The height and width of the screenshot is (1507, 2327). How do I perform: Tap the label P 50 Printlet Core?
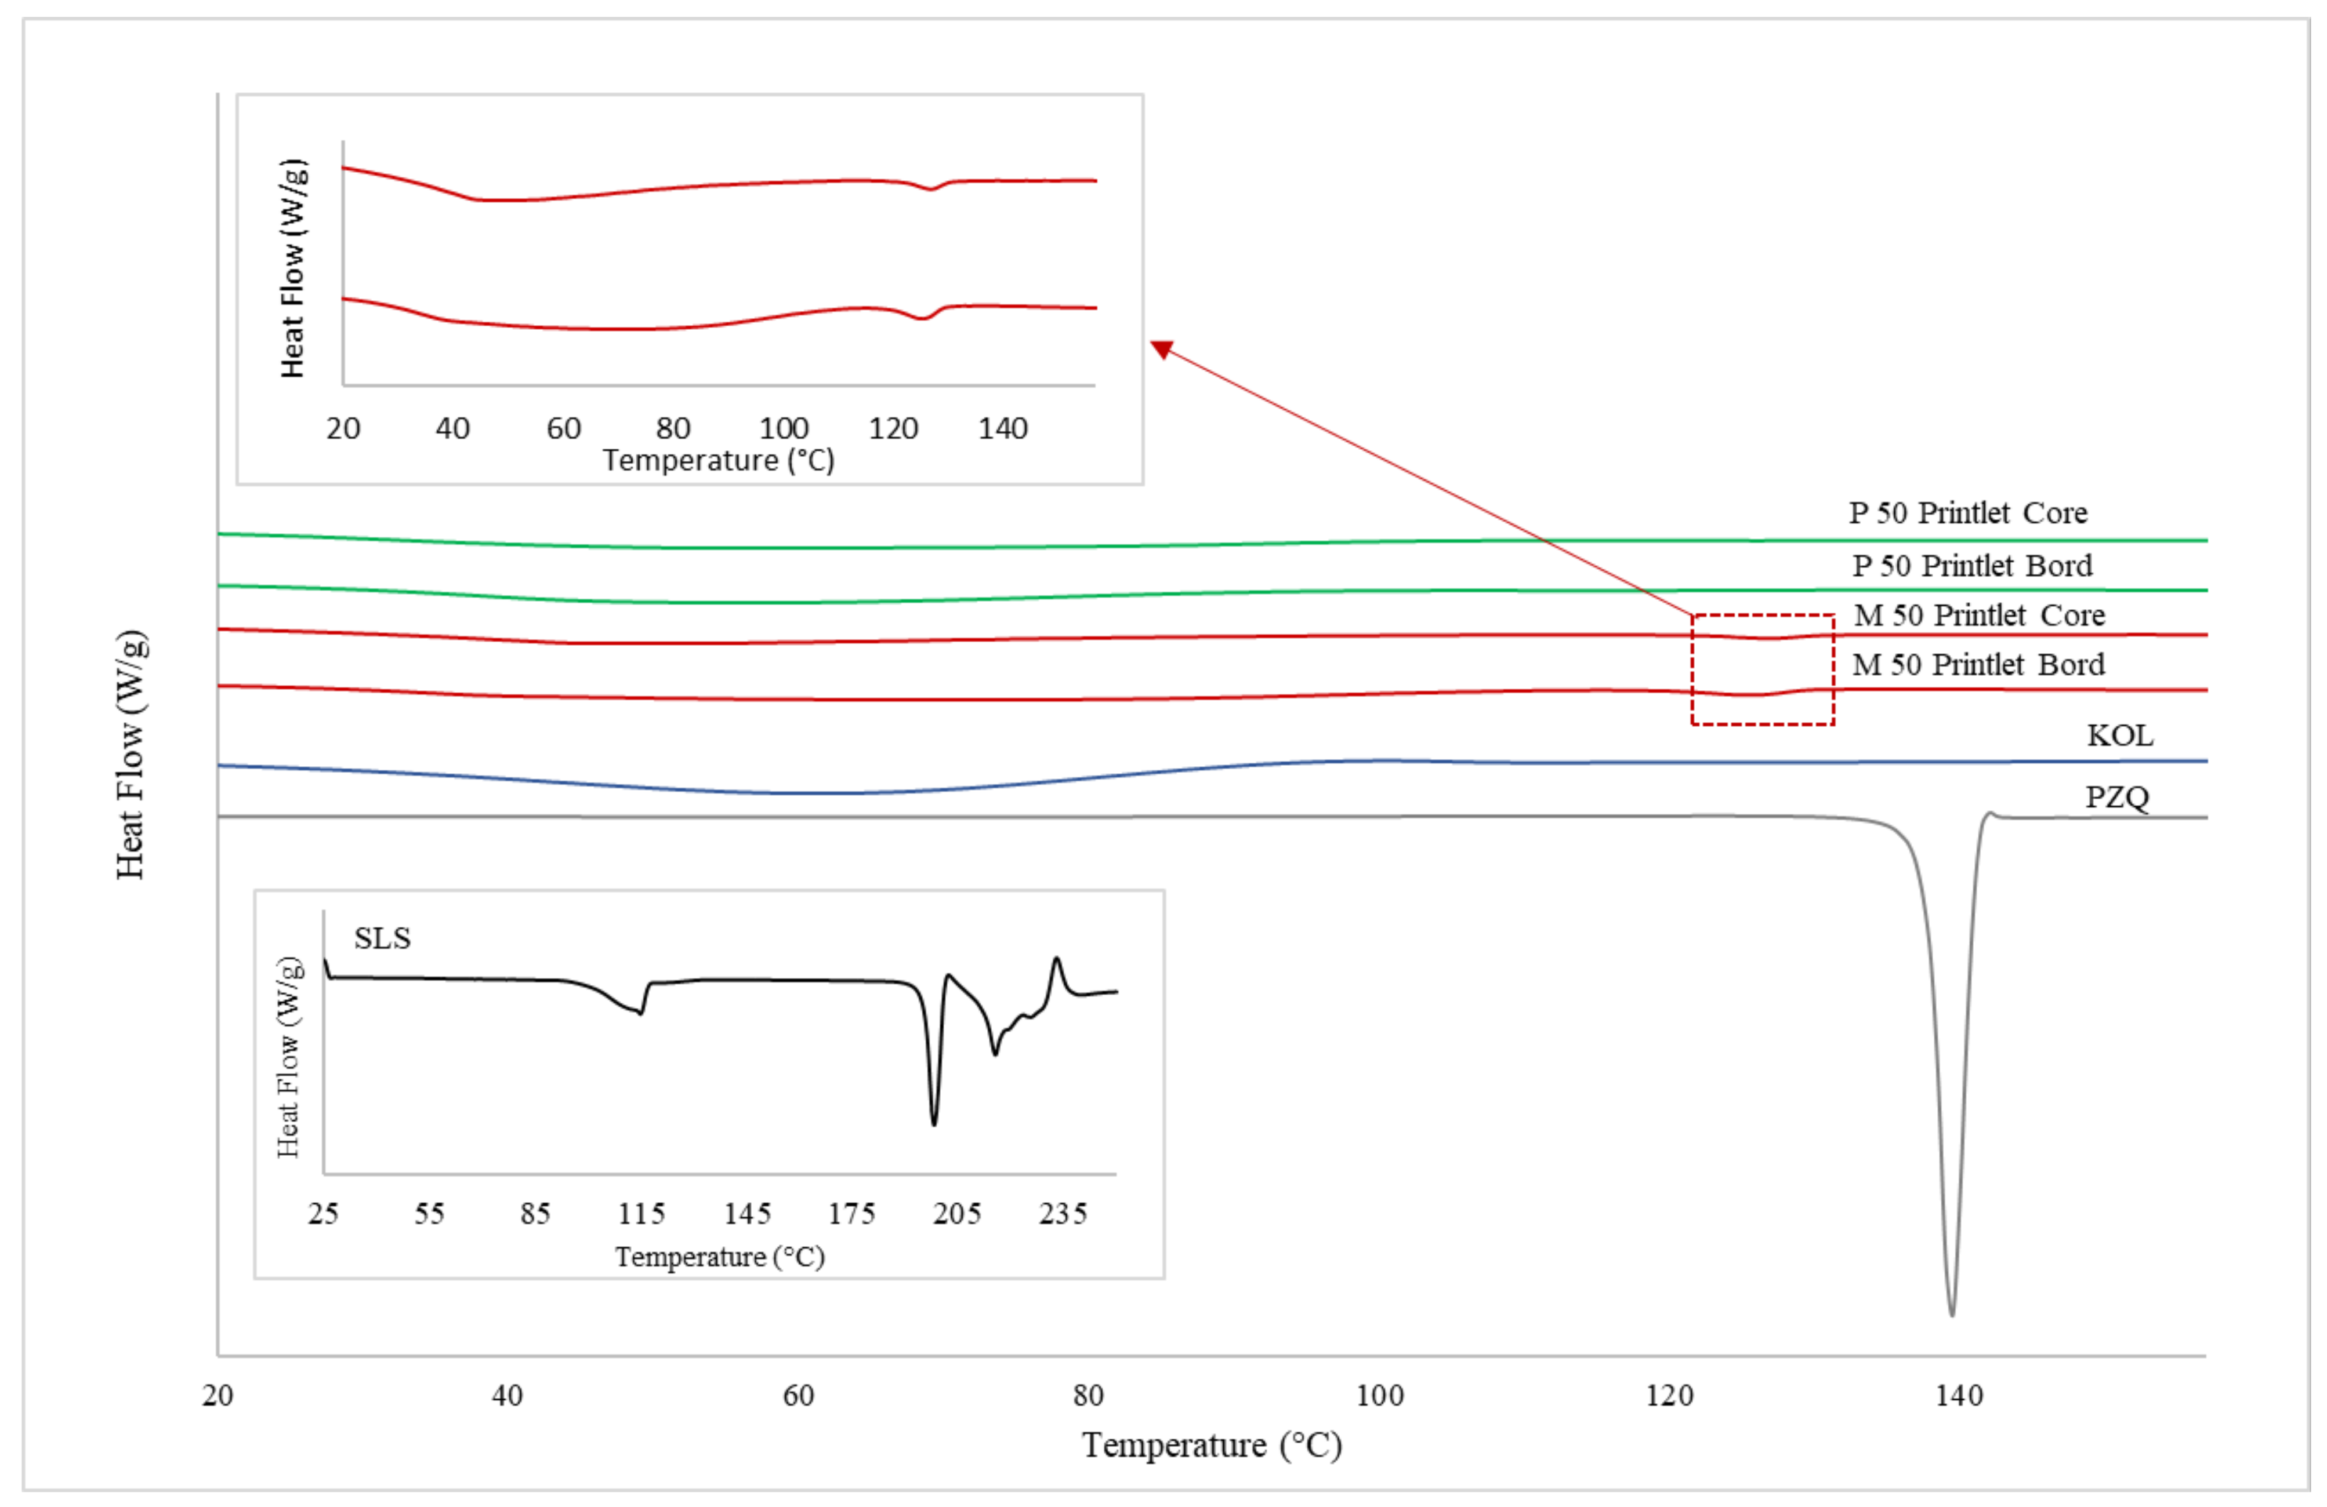coord(1967,513)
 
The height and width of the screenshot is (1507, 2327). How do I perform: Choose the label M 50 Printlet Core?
coord(1979,616)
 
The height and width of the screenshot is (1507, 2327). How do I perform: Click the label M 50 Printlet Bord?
coord(1978,665)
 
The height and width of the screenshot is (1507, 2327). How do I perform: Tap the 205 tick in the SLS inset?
coord(956,1214)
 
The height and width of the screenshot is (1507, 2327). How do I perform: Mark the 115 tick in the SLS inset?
coord(641,1214)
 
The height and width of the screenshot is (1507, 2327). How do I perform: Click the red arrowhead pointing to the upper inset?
coord(1162,349)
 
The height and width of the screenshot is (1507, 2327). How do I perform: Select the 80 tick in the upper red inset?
coord(673,428)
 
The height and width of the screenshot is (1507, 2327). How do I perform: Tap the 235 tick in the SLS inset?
coord(1063,1214)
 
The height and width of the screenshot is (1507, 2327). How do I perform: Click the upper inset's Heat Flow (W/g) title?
coord(292,268)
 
